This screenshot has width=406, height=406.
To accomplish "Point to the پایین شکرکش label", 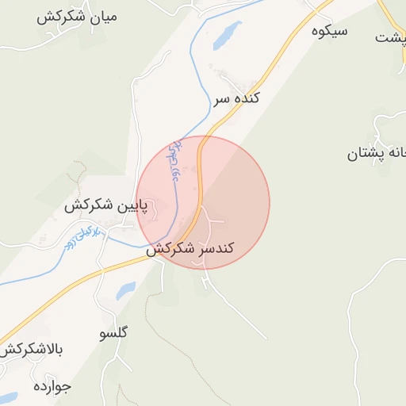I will click(107, 206).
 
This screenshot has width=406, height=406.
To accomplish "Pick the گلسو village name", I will click(114, 332).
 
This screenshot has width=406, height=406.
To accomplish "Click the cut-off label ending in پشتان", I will click(376, 154).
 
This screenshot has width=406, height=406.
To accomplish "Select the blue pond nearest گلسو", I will click(125, 291).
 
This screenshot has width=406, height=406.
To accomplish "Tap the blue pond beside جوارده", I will click(8, 396).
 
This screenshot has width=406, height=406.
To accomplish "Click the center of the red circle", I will click(203, 203).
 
